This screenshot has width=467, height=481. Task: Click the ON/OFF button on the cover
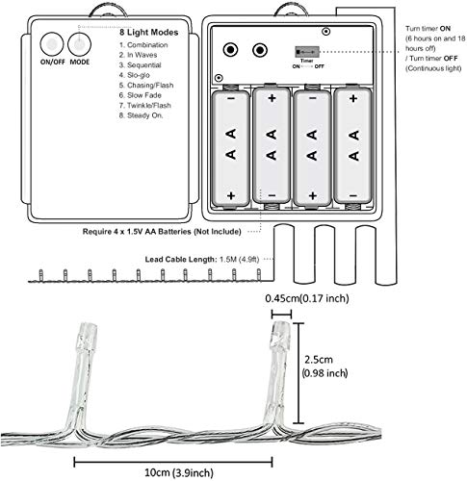(x=52, y=44)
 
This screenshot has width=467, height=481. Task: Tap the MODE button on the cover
(x=79, y=44)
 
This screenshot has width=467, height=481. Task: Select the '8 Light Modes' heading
(x=149, y=33)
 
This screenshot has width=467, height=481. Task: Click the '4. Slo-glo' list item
(x=135, y=75)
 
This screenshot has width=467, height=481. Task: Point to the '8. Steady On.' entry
(x=142, y=115)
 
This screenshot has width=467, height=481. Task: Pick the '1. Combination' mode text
(x=143, y=45)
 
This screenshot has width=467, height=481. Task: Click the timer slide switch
(x=307, y=52)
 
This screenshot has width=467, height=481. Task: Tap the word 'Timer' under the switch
(x=307, y=61)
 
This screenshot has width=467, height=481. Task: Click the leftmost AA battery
(x=231, y=148)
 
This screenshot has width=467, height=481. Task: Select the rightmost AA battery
(x=353, y=146)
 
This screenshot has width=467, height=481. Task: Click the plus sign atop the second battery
(x=272, y=98)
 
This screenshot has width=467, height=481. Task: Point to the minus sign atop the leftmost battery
(x=231, y=98)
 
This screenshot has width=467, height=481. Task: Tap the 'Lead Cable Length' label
(x=181, y=259)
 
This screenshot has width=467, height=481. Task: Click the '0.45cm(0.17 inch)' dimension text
(x=307, y=298)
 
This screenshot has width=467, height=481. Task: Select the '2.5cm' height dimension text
(x=319, y=360)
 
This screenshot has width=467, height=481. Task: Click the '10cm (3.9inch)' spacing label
(x=179, y=472)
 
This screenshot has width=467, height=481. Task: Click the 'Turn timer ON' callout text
(x=428, y=29)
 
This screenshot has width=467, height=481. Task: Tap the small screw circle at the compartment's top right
(x=326, y=32)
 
